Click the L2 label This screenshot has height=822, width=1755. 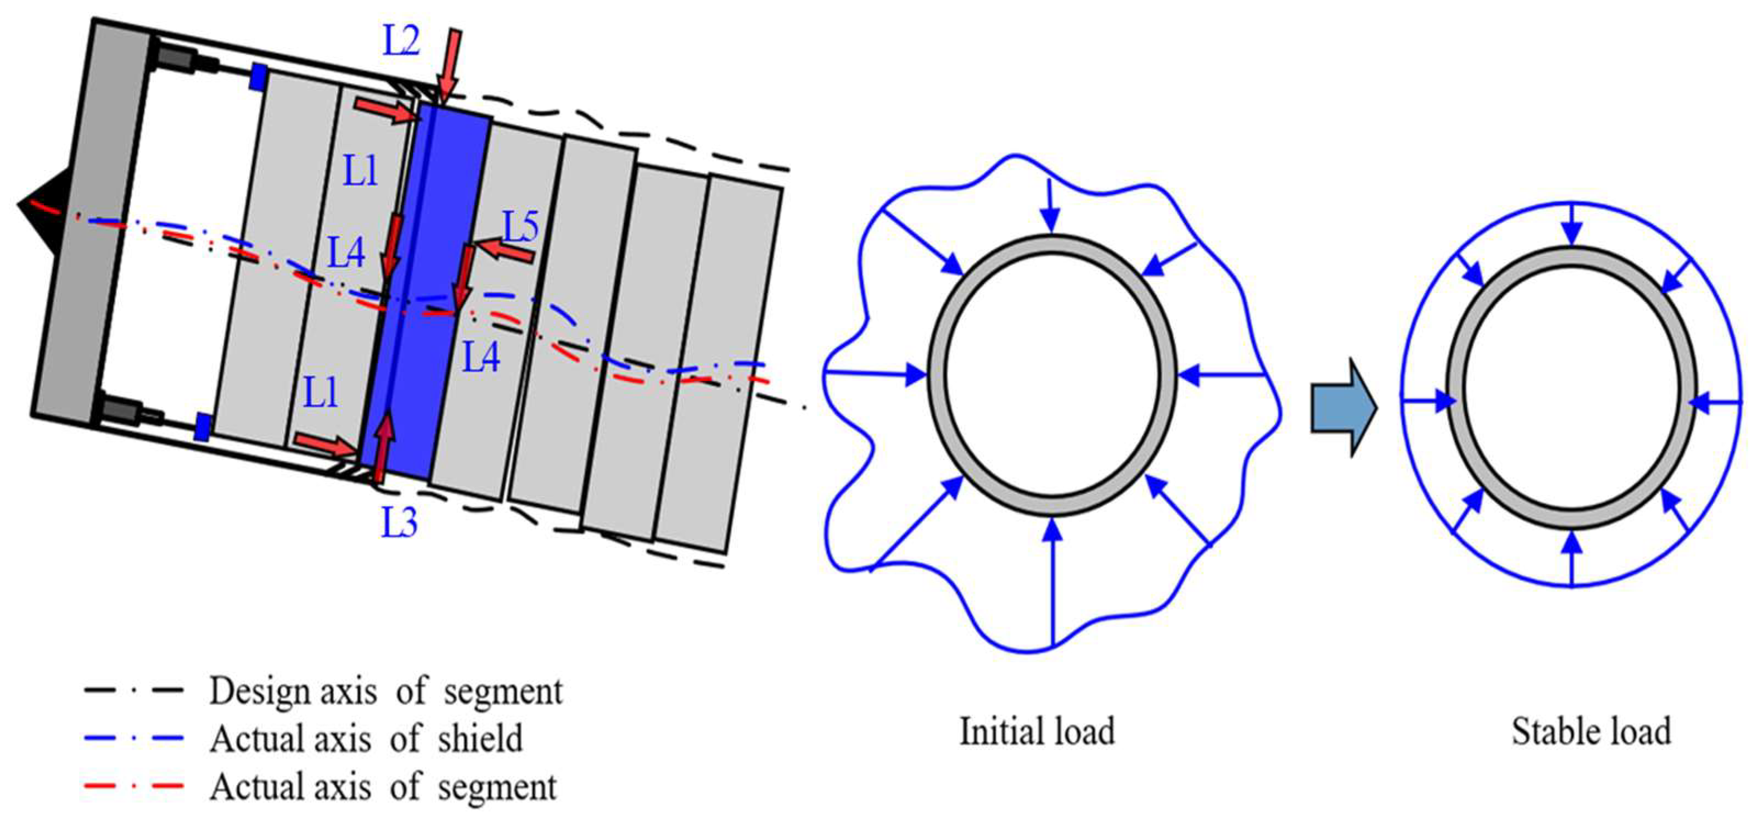pos(401,42)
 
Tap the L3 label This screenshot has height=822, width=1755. pos(399,523)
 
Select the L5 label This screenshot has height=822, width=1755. pos(521,226)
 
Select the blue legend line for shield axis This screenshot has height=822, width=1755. pos(134,738)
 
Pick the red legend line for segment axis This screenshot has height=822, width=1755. pos(134,786)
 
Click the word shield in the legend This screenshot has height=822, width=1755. pos(480,738)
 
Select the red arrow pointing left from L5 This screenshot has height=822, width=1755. pos(505,251)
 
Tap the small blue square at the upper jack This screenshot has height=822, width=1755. pos(257,76)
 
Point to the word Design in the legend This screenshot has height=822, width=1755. pos(259,691)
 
